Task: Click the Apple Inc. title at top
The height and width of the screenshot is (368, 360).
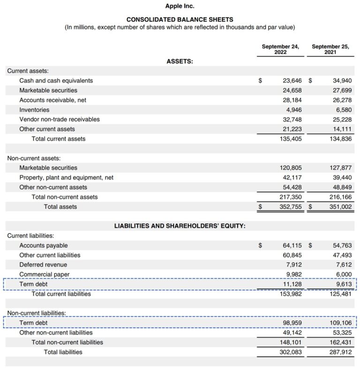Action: coord(180,6)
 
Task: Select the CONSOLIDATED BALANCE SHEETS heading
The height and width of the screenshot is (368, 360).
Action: coord(180,19)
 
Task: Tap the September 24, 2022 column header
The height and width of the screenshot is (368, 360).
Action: coord(280,49)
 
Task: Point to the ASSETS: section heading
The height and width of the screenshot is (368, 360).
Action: coord(180,61)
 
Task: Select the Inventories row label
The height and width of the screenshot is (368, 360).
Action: coord(34,110)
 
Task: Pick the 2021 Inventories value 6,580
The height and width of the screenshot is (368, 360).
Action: coord(342,110)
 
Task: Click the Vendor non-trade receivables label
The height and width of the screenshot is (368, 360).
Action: coord(60,119)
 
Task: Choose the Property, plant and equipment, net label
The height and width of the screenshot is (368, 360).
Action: coord(66,178)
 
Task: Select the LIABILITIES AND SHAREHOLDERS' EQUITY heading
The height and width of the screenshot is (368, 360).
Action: coord(180,226)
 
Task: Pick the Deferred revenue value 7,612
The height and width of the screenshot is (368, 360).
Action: coord(342,265)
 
